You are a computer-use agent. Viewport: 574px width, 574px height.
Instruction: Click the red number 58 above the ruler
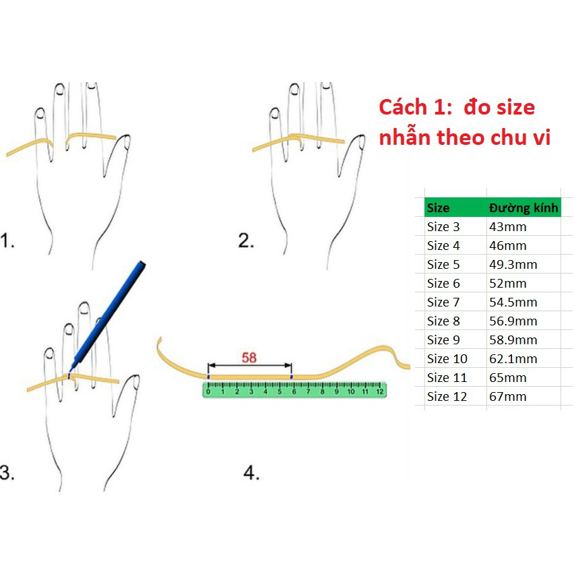(249, 358)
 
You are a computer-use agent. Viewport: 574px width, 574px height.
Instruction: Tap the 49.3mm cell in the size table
(513, 264)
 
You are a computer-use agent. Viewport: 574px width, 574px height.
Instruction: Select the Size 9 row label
(443, 340)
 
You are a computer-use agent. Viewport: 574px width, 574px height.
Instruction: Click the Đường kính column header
(523, 208)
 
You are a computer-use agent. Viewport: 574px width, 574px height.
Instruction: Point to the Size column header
(438, 208)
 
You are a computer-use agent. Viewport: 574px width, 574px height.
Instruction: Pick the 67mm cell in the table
(508, 396)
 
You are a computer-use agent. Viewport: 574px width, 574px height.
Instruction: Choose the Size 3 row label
(443, 227)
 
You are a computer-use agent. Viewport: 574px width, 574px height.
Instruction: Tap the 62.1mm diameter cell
(513, 358)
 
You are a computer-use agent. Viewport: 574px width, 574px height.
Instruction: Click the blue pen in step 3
(108, 315)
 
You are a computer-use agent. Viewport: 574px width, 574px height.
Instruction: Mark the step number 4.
(251, 472)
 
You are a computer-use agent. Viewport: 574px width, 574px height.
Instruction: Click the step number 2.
(246, 241)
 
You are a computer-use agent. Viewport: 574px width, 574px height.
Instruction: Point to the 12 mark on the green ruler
(379, 391)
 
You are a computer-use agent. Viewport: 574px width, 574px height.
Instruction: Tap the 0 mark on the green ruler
(208, 391)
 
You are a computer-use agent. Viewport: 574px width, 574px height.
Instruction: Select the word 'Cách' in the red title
(403, 107)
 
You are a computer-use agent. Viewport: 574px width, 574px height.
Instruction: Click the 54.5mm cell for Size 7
(513, 302)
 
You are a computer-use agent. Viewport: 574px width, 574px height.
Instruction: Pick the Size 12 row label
(447, 396)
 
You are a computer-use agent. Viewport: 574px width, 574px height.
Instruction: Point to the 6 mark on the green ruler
(294, 391)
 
